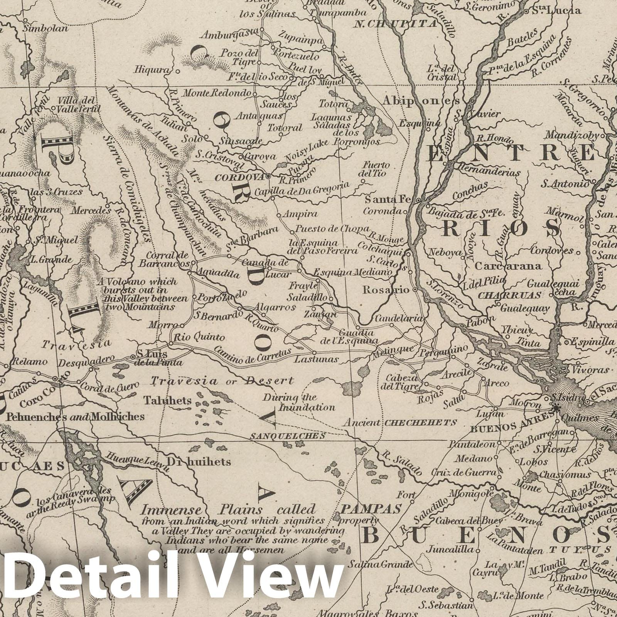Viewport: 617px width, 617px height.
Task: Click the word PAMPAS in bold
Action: tap(371, 509)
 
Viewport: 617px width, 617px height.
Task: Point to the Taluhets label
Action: tap(168, 401)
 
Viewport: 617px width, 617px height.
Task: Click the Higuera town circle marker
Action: tap(177, 71)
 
